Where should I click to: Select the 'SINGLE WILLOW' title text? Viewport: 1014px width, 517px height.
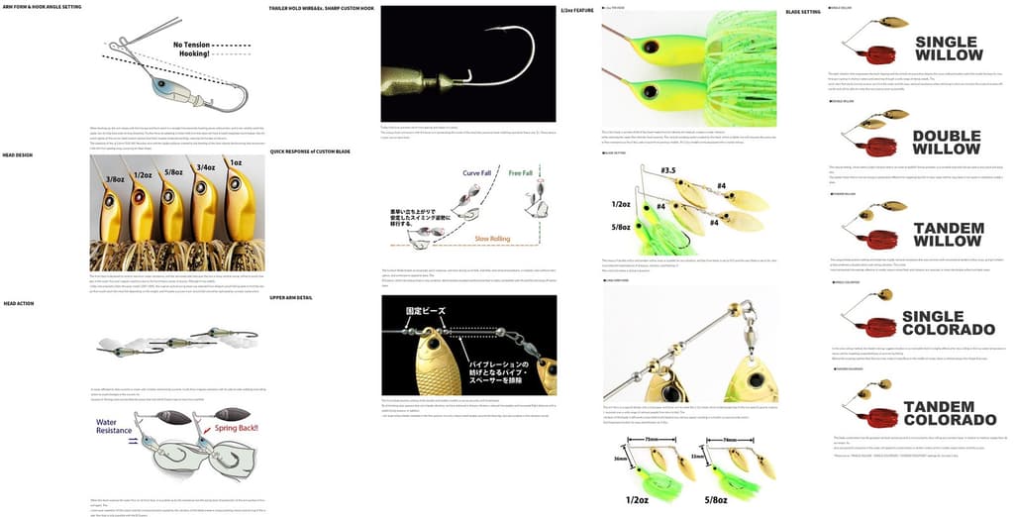(x=949, y=50)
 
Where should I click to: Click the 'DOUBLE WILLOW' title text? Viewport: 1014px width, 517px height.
(x=947, y=143)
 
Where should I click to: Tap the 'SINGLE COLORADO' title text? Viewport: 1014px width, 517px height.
(x=948, y=323)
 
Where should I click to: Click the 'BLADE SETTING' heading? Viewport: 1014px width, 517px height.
(x=802, y=12)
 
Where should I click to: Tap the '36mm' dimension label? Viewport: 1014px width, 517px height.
(x=621, y=459)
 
